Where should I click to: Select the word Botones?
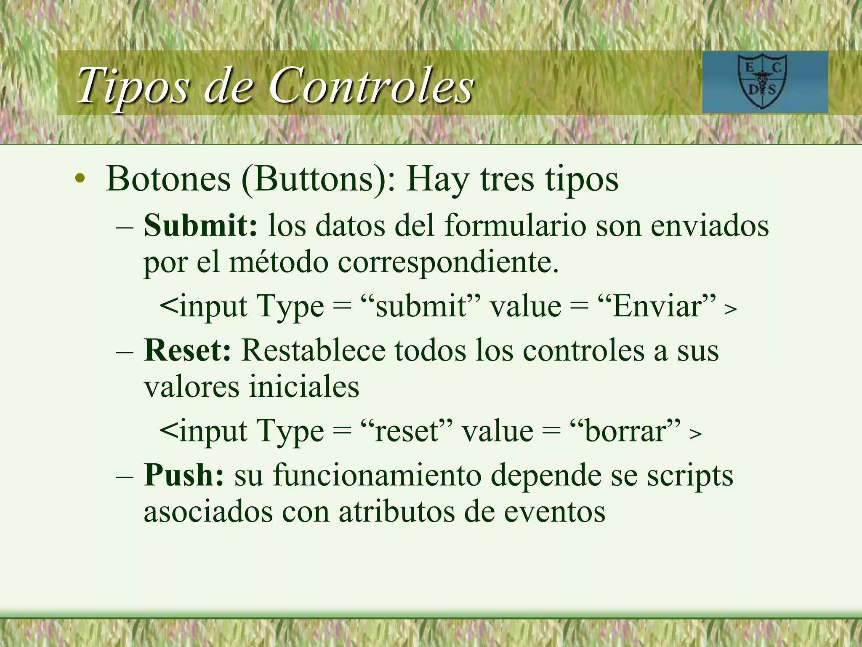(168, 179)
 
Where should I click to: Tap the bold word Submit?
(200, 225)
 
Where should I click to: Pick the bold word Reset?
(187, 350)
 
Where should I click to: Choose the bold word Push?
(184, 475)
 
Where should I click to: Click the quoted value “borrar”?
(625, 431)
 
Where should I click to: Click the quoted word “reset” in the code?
(406, 431)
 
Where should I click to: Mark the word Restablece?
(313, 350)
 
